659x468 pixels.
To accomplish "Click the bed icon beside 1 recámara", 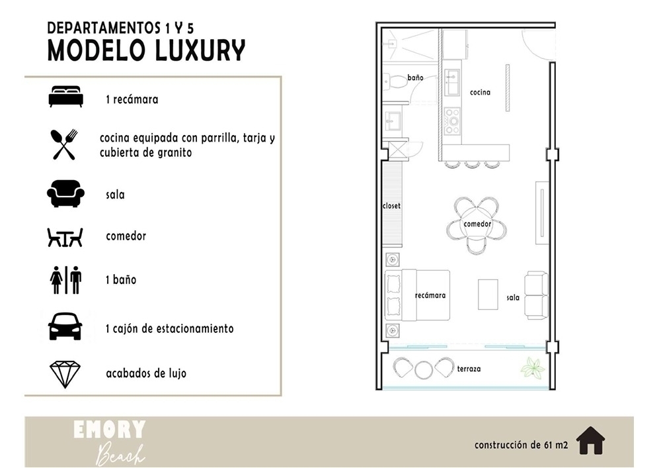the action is [66, 97].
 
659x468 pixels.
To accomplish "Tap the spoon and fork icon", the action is [64, 144].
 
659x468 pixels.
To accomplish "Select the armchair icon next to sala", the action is [65, 193].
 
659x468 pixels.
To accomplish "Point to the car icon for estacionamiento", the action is [65, 326].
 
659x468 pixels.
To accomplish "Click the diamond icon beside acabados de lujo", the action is [65, 374].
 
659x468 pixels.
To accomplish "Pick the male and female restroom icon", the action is [65, 280].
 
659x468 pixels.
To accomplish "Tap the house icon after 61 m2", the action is [590, 440].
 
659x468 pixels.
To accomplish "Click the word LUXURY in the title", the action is [200, 51].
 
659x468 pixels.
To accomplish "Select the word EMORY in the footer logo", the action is [109, 430].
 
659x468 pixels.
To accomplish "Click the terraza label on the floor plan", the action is [469, 369].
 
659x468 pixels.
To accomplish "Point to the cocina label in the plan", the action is [480, 92].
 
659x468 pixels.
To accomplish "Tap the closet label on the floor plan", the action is [391, 206].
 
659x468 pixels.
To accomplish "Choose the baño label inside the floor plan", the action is [415, 77].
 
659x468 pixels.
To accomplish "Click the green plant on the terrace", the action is [533, 367].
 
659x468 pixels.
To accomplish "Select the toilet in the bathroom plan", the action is [393, 81].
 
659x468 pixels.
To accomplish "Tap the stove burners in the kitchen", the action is [452, 121].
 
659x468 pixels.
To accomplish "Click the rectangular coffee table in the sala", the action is [488, 295].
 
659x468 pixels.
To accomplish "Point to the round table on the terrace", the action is [424, 370].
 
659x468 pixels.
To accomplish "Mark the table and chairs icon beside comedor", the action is [65, 238].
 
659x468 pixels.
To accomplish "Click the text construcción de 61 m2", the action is [521, 445].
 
